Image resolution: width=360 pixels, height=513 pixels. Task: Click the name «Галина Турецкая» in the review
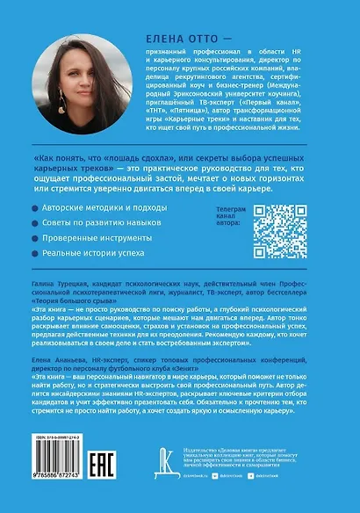click(x=53, y=299)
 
